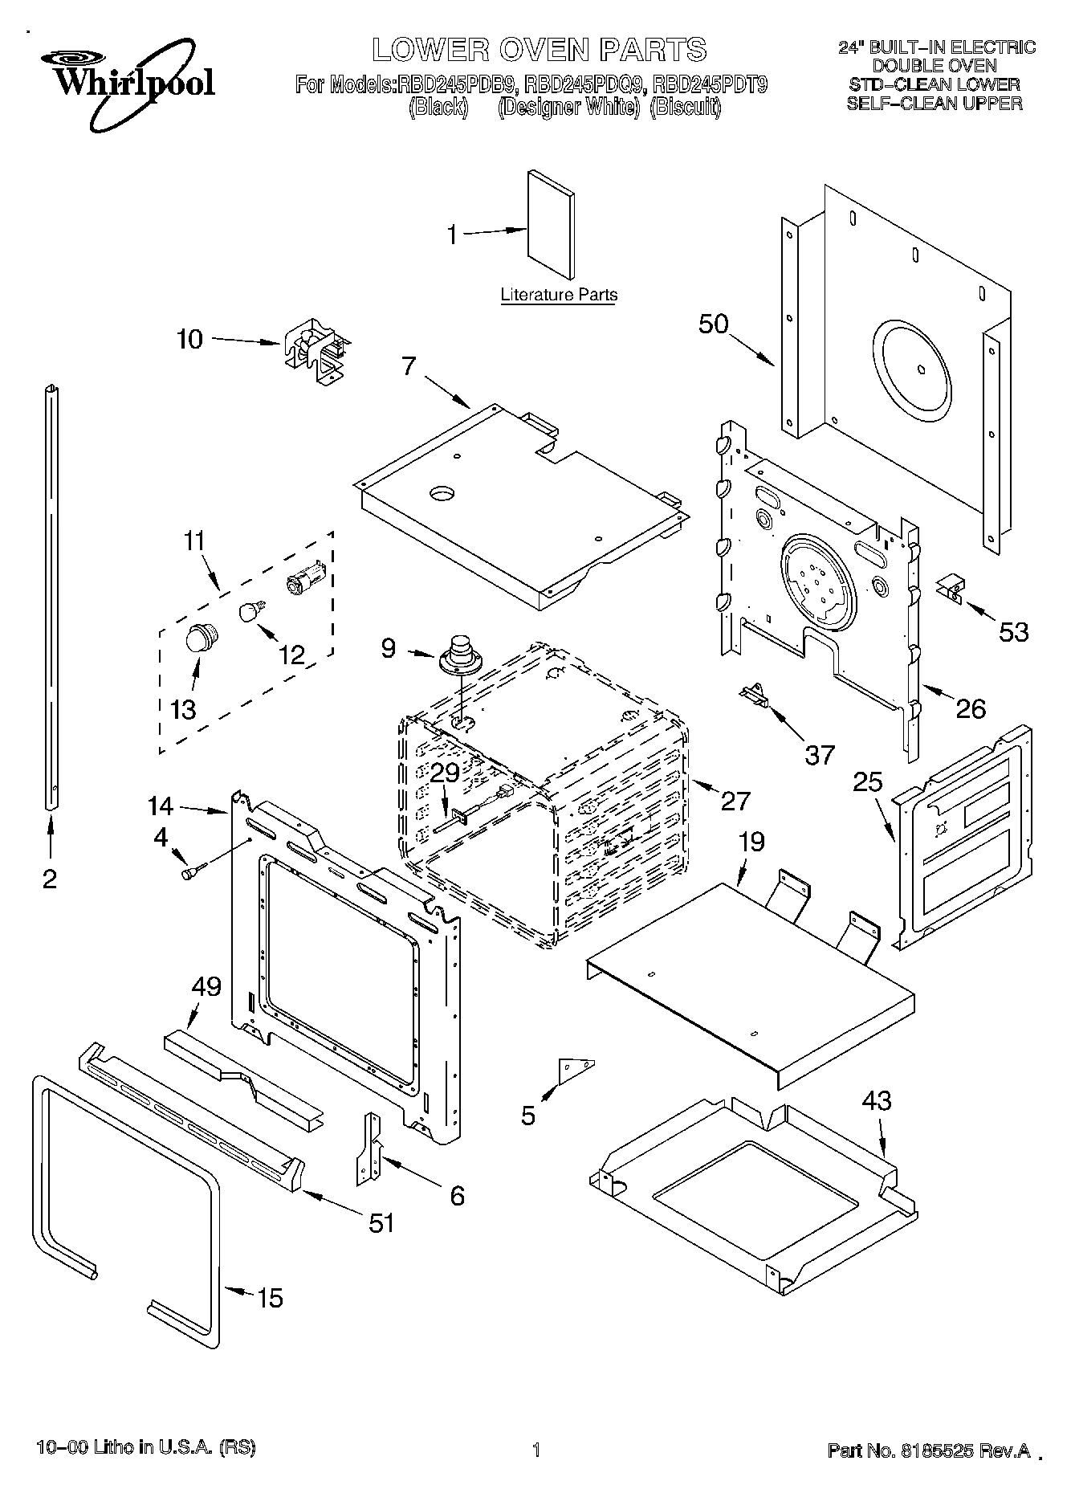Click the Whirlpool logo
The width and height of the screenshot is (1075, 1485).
(133, 80)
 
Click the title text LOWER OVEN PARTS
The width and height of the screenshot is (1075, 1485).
(539, 50)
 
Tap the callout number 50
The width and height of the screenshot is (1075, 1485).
(713, 324)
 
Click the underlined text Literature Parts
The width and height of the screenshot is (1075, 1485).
(559, 295)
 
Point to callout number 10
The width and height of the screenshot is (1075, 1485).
(189, 339)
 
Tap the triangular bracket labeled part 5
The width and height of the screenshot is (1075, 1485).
(575, 1069)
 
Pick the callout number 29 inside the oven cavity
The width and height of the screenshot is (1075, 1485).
(445, 773)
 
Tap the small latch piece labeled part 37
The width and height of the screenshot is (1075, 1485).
(755, 693)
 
